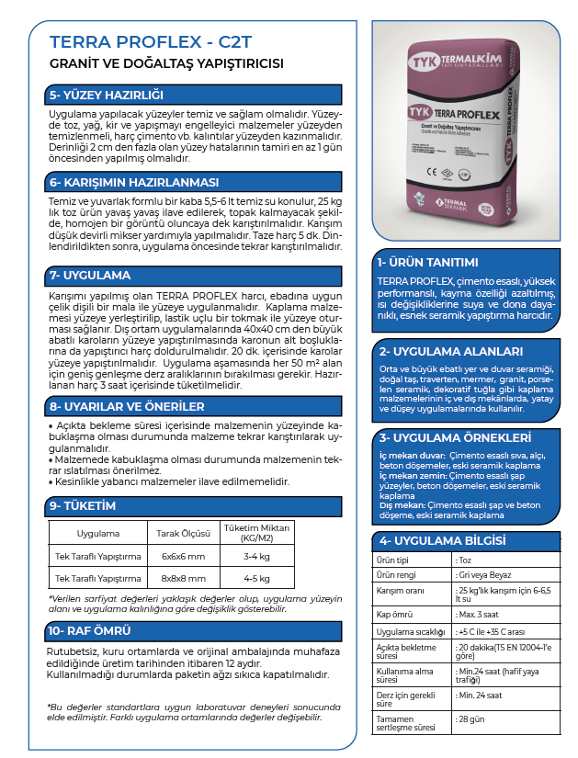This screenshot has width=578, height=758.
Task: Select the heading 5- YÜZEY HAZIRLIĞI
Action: [x=106, y=95]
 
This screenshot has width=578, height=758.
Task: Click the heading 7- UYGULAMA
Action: [x=90, y=275]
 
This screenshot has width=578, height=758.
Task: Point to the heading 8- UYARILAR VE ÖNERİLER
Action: [x=127, y=405]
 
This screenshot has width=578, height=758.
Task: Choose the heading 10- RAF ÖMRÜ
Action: [x=90, y=630]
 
